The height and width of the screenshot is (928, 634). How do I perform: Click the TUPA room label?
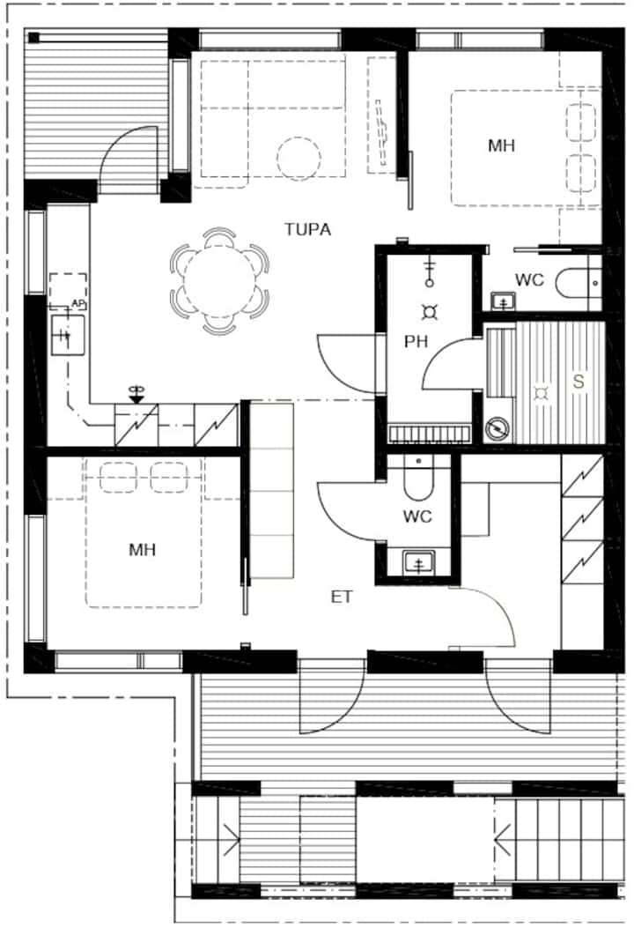tap(307, 229)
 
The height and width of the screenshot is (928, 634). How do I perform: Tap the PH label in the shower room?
tap(416, 341)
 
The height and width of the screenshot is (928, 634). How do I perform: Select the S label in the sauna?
tap(579, 382)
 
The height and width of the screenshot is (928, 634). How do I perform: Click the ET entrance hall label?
tap(342, 597)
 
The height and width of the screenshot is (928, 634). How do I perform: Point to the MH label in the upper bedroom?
tap(501, 145)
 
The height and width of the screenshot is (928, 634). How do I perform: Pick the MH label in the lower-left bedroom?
tap(142, 550)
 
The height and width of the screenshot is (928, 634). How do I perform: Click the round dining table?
tap(219, 282)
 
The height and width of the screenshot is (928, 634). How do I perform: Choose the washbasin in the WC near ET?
tap(418, 561)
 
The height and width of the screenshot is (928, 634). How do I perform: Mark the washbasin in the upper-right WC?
tap(503, 301)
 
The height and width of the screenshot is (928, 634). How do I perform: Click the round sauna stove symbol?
tap(498, 428)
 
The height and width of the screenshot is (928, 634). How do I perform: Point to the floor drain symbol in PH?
tap(431, 311)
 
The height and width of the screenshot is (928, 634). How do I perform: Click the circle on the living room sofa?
tap(299, 158)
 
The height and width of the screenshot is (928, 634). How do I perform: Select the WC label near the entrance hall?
tap(417, 516)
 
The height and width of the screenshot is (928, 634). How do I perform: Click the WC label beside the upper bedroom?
tap(529, 280)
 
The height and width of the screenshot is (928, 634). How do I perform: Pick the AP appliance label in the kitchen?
tap(77, 302)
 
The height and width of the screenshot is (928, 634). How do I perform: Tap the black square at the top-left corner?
tap(34, 38)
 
